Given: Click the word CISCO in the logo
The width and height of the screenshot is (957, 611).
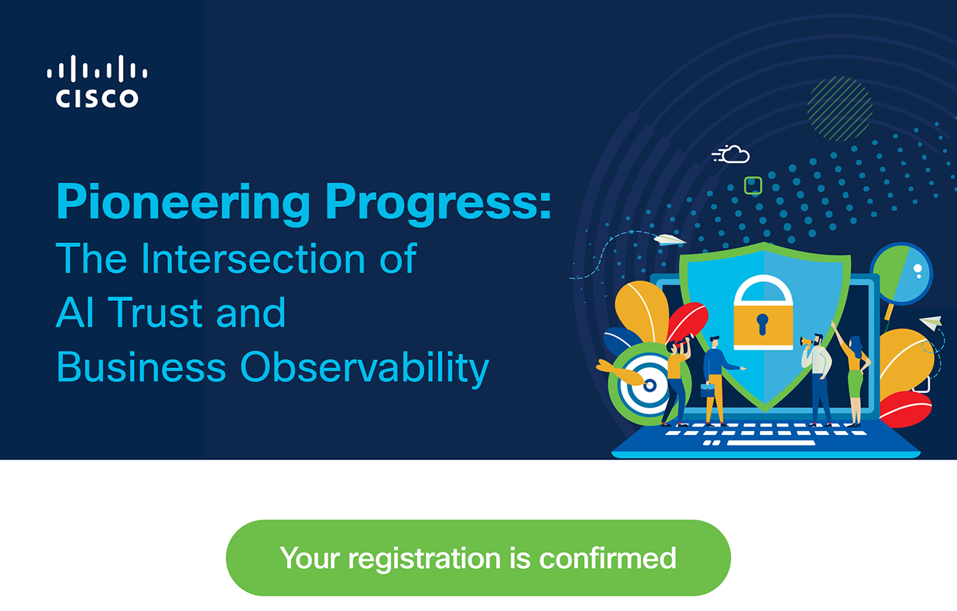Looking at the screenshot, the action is coord(97,98).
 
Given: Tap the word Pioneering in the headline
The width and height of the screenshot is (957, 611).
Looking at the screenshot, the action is coord(183,202).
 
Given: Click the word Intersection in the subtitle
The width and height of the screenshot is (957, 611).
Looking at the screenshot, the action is coord(253,258).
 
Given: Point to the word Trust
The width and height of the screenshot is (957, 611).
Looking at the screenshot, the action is coord(154,313).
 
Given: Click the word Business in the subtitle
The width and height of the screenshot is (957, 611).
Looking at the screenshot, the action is coord(141,367).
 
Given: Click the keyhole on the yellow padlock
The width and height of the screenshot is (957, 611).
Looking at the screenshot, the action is coord(762,323).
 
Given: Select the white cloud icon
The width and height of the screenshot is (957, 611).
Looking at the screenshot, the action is coord(731,154).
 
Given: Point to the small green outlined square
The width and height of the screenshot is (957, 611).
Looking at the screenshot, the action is coord(753,186).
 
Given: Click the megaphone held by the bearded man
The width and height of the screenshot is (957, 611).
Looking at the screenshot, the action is coord(806,342).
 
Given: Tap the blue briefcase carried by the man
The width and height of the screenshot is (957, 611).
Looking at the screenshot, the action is coord(708,389).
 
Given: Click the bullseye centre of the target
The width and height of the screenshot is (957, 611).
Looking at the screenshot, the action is coord(649,385).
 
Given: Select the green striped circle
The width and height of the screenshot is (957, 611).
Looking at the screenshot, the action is coord(840,109).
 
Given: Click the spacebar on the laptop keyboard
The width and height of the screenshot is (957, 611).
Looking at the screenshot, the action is coord(771,443).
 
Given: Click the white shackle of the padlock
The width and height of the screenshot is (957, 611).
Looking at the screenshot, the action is coord(763,289).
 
